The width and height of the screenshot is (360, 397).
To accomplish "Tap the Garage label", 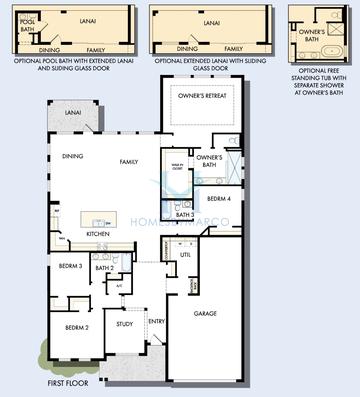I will (x=205, y=314).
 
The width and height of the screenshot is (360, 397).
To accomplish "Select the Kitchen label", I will (x=97, y=234).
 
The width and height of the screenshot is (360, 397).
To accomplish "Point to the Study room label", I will (x=125, y=324).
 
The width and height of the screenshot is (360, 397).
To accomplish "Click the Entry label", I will (x=157, y=321).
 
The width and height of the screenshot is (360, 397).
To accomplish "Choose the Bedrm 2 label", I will (x=78, y=327).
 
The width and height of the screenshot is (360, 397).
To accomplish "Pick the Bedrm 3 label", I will (x=70, y=266).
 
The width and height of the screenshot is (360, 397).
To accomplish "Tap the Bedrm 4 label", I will (x=219, y=198).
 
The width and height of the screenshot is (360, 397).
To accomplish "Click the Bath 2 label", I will (x=105, y=268).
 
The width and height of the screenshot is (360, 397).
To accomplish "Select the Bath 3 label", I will (x=184, y=215).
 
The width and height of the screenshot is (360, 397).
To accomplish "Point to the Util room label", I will (x=185, y=255).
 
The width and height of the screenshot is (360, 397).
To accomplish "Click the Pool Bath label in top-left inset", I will (x=26, y=25).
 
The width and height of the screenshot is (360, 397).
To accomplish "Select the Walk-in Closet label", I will (x=177, y=169).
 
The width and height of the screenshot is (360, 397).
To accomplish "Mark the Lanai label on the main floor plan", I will (x=73, y=114).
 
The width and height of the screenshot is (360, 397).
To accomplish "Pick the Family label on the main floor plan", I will (x=129, y=161).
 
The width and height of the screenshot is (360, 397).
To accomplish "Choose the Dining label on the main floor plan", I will (x=72, y=156).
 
